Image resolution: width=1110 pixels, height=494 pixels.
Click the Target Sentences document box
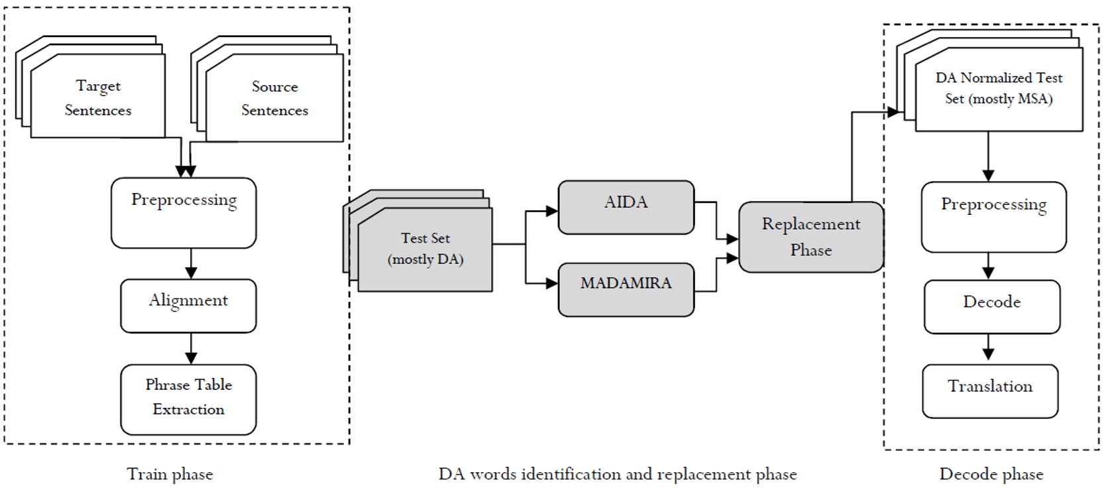(x=97, y=97)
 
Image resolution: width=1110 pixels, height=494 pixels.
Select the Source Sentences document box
(x=274, y=98)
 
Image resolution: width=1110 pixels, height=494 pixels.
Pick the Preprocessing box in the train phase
(x=184, y=213)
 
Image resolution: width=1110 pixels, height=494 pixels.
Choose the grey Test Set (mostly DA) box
(x=425, y=249)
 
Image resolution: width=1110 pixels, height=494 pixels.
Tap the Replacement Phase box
(x=810, y=237)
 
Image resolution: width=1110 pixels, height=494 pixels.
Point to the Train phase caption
(x=170, y=475)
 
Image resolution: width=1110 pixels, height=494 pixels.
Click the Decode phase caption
(x=991, y=475)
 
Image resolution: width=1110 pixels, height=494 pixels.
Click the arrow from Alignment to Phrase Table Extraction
(x=191, y=348)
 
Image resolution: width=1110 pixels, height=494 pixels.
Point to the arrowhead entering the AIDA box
(x=552, y=212)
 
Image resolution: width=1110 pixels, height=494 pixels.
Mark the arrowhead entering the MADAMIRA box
(x=552, y=284)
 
